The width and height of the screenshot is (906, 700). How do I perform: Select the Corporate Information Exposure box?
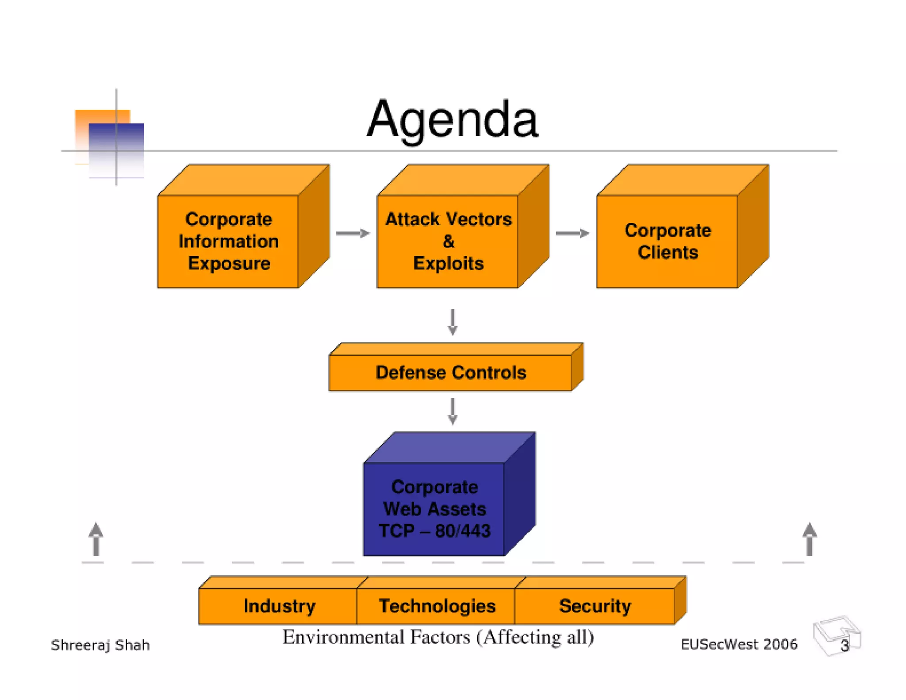pos(228,241)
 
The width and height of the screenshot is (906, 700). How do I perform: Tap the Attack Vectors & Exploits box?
pos(448,241)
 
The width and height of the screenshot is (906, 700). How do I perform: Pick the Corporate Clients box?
pos(668,241)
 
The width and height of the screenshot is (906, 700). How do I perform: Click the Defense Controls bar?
pos(450,373)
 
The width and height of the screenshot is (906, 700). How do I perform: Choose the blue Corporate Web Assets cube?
pos(434,508)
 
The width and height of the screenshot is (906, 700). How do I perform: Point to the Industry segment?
pos(279,606)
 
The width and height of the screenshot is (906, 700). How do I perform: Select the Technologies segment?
pos(437,606)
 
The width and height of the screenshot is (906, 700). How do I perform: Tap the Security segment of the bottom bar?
pos(595,606)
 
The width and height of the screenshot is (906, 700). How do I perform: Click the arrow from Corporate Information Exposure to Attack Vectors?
pos(353,233)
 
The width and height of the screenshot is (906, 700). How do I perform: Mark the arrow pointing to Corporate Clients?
pos(572,233)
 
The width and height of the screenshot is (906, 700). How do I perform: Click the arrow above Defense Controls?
pos(452,322)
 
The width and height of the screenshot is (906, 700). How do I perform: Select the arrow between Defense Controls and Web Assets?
pos(452,412)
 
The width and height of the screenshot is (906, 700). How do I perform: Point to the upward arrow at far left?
pos(96,539)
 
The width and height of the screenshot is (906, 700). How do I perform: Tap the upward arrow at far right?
pos(810,539)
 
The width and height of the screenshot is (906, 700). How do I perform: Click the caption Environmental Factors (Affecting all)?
pos(438,637)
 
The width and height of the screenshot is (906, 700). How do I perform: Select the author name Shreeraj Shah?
pos(100,645)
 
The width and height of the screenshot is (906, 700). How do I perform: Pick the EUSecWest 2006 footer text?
pos(739,644)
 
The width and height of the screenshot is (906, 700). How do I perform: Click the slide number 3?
pos(845,646)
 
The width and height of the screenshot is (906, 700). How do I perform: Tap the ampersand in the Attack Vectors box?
pos(448,242)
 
